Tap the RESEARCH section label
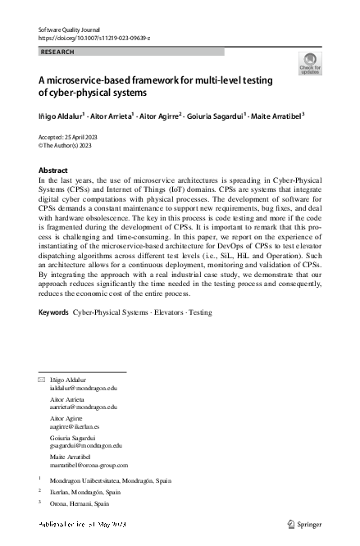tap(57, 52)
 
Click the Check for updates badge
tap(311, 64)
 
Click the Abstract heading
tap(54, 170)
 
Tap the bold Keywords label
tap(54, 313)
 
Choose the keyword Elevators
tap(169, 313)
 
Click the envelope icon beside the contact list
tap(42, 381)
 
